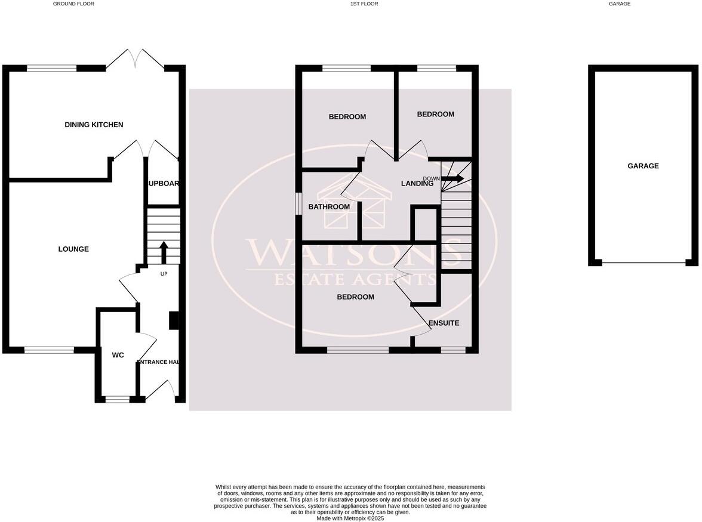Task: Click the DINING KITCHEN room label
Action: point(94,125)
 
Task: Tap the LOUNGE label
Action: point(73,249)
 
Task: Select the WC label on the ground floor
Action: point(118,355)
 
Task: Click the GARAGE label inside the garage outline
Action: point(643,166)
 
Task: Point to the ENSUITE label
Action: point(444,323)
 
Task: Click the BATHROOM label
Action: point(329,207)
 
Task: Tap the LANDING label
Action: point(417,184)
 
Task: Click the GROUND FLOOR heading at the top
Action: point(73,4)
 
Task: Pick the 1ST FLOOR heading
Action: point(364,4)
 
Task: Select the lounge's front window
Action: point(48,350)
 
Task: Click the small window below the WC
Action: point(117,399)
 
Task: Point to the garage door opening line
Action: point(643,262)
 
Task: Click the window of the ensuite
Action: point(452,350)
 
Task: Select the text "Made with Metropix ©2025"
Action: point(350,518)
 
